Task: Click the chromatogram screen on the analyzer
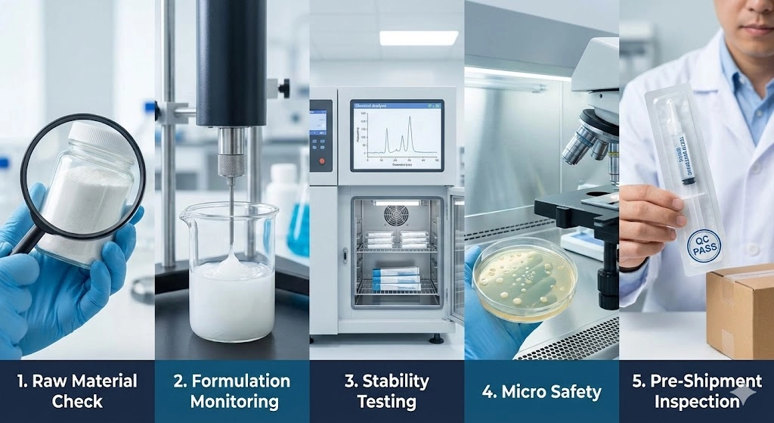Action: click(x=397, y=135)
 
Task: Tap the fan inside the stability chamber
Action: click(x=396, y=216)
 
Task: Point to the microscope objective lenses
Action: click(x=586, y=144)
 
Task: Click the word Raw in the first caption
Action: click(x=51, y=381)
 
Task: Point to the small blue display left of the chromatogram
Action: click(x=318, y=121)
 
